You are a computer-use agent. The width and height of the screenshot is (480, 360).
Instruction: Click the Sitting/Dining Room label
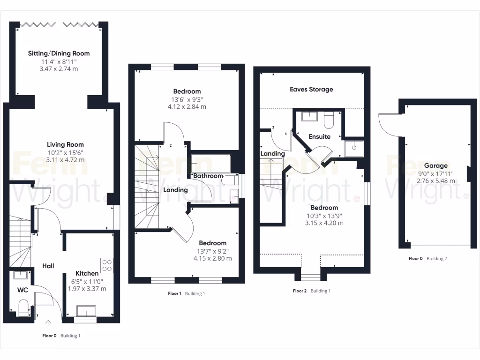click(59, 53)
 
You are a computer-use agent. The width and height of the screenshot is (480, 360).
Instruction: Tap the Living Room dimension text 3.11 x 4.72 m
click(65, 160)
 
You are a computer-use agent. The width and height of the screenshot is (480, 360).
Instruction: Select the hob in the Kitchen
click(106, 266)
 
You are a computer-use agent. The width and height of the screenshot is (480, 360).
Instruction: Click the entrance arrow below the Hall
click(48, 322)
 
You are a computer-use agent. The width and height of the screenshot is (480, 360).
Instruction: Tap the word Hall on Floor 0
click(48, 266)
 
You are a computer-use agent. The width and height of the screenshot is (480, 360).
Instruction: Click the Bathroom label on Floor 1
click(208, 176)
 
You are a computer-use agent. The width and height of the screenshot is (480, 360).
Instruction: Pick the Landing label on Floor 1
click(175, 190)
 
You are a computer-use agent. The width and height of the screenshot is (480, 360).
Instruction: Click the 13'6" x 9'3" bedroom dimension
click(187, 99)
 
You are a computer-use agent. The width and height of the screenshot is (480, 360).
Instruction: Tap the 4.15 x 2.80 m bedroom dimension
click(212, 258)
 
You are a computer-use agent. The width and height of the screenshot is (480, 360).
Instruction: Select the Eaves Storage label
click(311, 89)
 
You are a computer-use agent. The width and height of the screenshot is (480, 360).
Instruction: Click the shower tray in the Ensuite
click(354, 148)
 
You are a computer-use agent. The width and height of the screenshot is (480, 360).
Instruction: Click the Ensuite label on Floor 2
click(319, 137)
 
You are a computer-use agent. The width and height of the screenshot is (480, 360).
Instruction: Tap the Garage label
click(435, 165)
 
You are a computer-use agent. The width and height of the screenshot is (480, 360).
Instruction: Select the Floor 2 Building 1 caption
click(311, 291)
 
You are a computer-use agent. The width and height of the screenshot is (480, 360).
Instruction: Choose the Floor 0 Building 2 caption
click(427, 258)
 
